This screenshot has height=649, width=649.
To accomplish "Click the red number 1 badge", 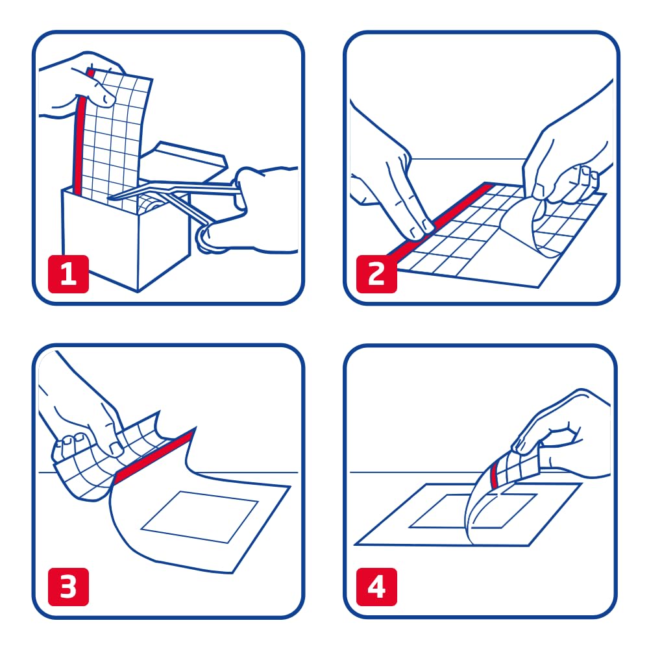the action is [68, 274].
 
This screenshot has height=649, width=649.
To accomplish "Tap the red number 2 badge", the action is [376, 274].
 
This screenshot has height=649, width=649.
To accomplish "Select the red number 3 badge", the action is [68, 587].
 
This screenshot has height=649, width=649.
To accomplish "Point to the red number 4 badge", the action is [376, 587].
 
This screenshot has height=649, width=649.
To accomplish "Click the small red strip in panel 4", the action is [494, 476].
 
